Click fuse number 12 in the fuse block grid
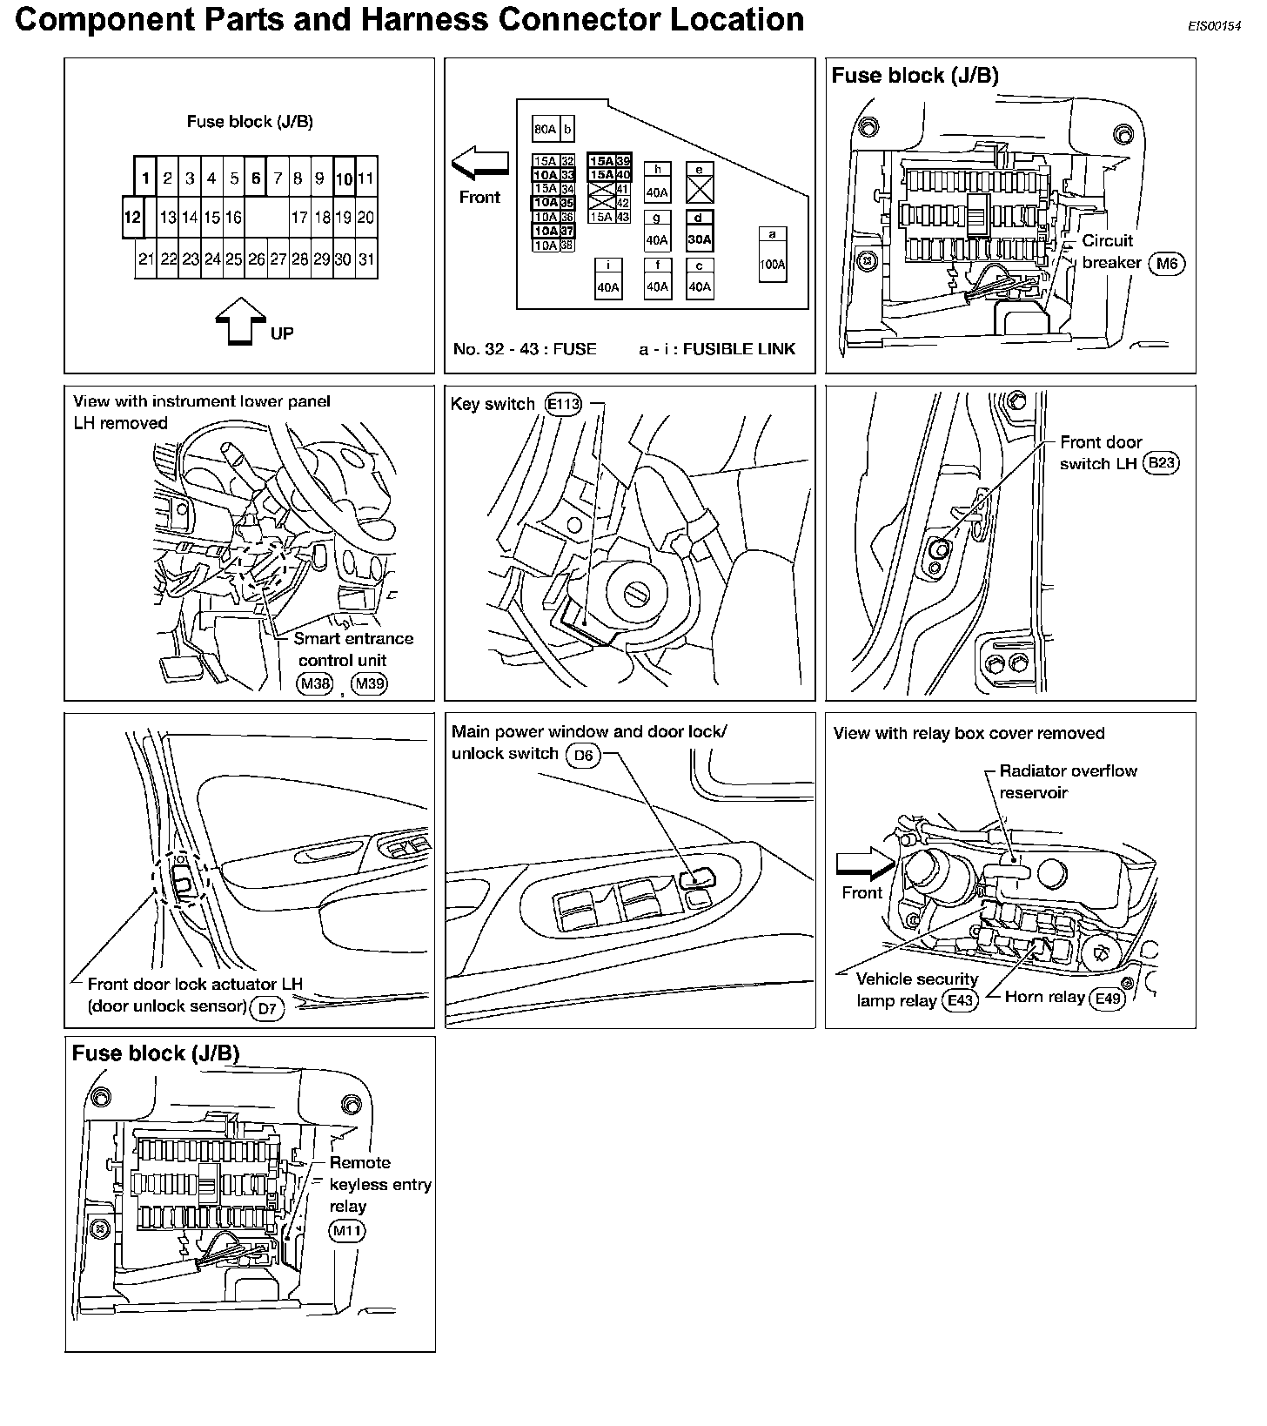132,217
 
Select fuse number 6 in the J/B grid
255,178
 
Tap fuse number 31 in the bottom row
366,259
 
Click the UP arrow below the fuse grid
240,322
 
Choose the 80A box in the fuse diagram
545,130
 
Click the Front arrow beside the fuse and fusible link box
479,163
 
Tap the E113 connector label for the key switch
563,404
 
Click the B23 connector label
1161,463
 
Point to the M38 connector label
315,683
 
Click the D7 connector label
266,1008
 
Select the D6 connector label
583,755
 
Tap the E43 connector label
960,1000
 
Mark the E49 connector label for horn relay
1108,999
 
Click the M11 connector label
347,1230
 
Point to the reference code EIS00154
1214,27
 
